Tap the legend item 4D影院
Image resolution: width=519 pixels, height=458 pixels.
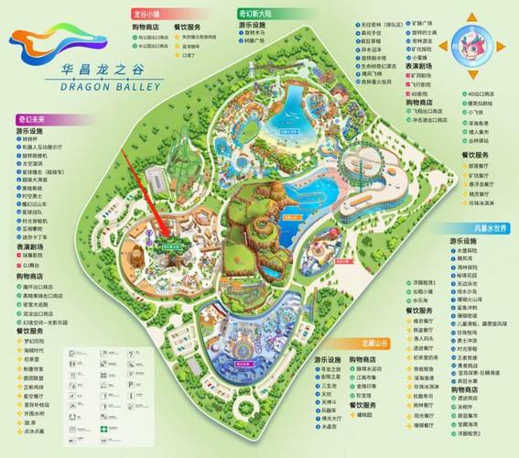coord(418,93)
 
